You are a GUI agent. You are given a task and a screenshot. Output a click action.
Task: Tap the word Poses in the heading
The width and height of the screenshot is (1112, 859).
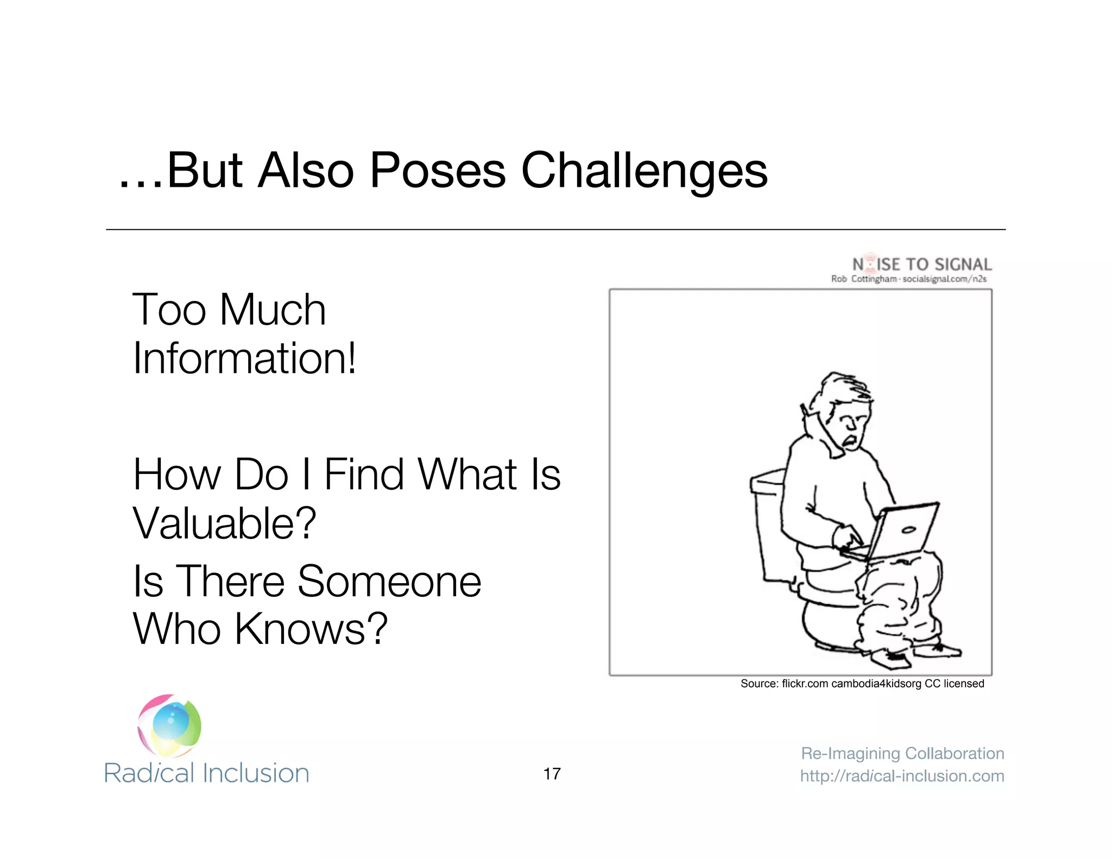(437, 171)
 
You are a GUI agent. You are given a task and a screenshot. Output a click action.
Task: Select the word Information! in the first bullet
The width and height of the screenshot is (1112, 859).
(244, 358)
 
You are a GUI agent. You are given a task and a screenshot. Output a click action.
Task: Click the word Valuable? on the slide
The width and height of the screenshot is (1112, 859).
(224, 523)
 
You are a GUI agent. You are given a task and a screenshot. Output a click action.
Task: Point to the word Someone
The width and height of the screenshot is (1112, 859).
(389, 581)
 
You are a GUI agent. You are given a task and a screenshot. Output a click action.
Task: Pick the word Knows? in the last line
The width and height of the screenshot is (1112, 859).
(311, 629)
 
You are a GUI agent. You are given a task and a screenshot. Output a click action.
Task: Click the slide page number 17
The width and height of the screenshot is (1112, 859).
(552, 774)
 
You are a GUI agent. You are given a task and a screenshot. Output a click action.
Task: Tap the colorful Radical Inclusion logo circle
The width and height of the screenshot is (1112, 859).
(169, 725)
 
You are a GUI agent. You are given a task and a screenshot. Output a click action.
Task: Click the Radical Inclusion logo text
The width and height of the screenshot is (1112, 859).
(206, 773)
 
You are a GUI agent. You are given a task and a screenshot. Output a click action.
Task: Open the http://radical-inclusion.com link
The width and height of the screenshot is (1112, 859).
(902, 776)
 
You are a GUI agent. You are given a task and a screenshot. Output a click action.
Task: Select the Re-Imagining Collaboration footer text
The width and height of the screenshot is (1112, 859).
(902, 753)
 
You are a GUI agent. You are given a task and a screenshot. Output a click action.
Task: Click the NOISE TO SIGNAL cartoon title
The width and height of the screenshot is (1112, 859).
(921, 264)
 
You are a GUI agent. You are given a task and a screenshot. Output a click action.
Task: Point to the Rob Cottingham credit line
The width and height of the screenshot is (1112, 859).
(908, 279)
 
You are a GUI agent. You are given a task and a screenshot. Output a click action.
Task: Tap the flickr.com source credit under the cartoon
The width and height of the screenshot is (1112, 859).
(862, 684)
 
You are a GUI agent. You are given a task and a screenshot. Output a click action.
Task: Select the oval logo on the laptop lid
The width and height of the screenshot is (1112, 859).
(908, 530)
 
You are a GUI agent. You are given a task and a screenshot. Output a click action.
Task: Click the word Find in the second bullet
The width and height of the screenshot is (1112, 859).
(364, 475)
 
